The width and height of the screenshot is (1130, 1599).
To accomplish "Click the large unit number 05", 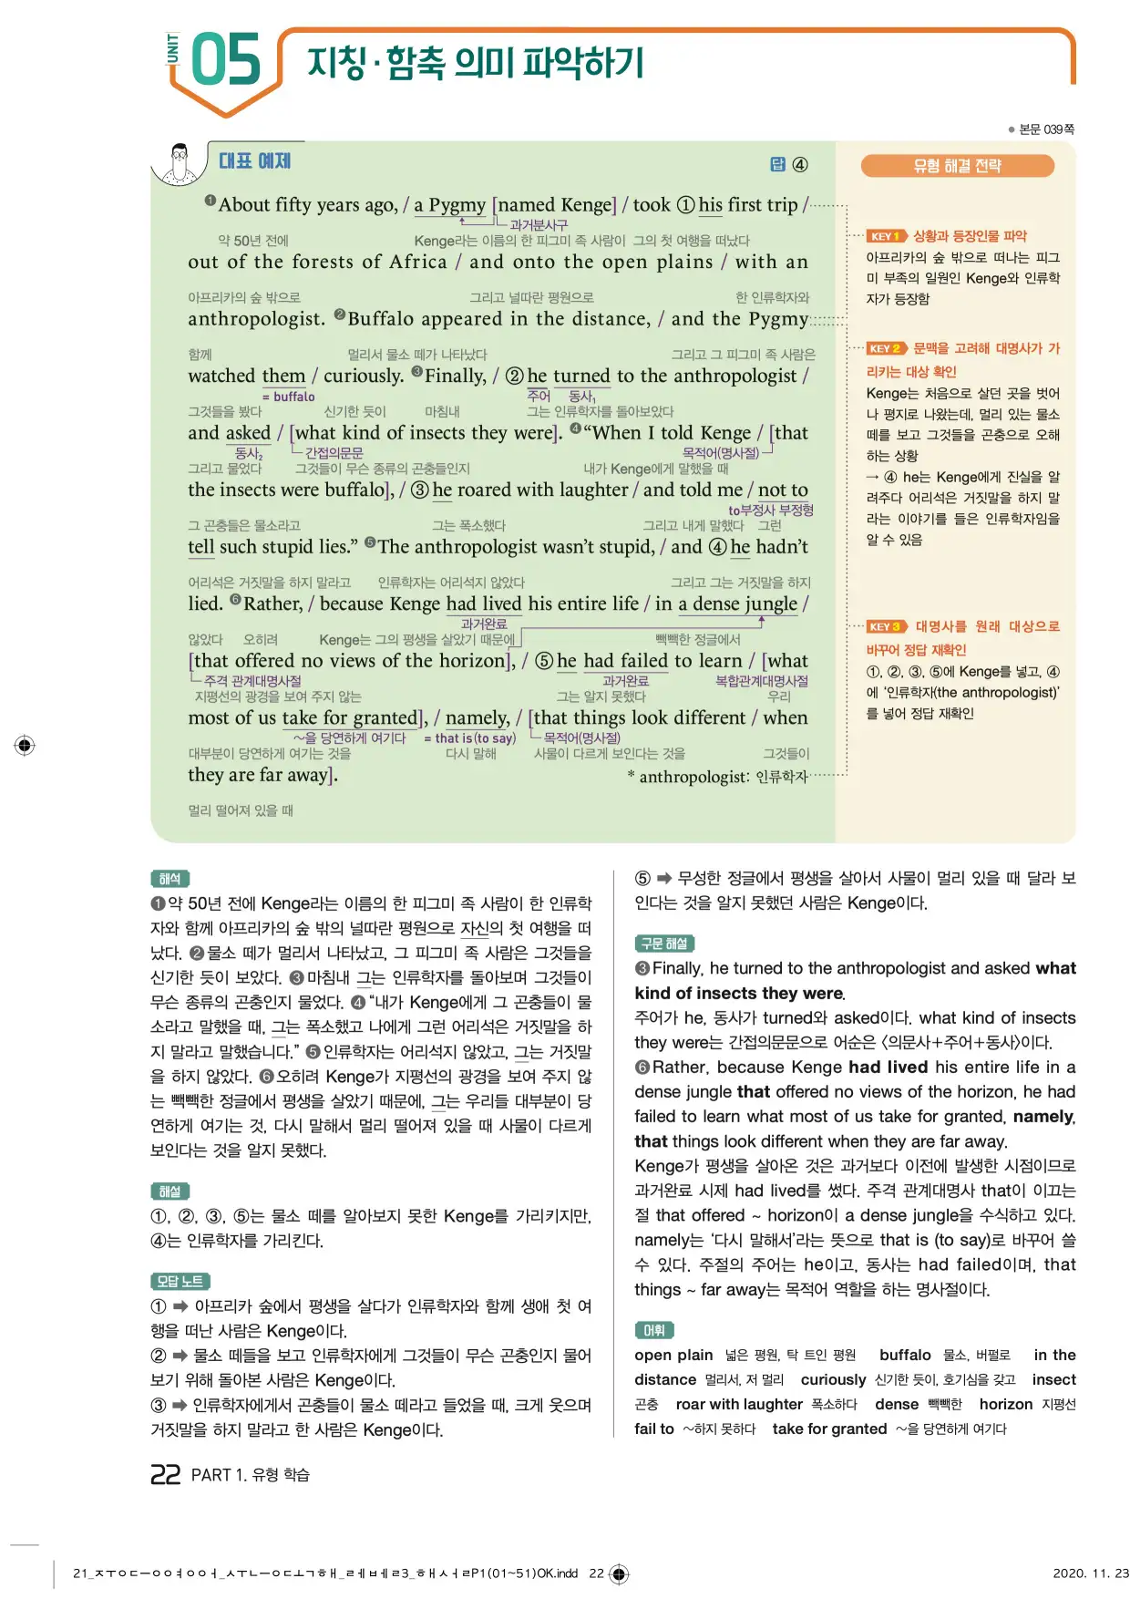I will pyautogui.click(x=226, y=60).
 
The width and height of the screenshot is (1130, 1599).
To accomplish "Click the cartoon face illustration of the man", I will pyautogui.click(x=180, y=163).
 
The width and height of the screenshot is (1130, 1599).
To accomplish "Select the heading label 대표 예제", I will pyautogui.click(x=254, y=161).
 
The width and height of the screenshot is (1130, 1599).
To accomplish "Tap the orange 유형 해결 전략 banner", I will pyautogui.click(x=957, y=166).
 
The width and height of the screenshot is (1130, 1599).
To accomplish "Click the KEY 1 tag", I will pyautogui.click(x=885, y=236).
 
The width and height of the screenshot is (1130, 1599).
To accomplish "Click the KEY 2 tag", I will pyautogui.click(x=886, y=348).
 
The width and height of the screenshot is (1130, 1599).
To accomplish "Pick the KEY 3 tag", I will pyautogui.click(x=886, y=626).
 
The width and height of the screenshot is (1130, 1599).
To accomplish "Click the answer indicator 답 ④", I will pyautogui.click(x=789, y=164).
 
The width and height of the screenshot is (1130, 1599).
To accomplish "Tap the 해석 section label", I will pyautogui.click(x=169, y=879).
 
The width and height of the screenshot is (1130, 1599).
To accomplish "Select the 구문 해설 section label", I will pyautogui.click(x=664, y=944).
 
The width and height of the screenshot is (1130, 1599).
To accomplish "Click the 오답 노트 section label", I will pyautogui.click(x=180, y=1281).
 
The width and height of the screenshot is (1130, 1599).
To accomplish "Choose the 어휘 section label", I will pyautogui.click(x=653, y=1330).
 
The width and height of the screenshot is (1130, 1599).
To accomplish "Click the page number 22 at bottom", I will pyautogui.click(x=166, y=1474).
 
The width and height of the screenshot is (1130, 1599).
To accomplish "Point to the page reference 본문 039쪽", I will pyautogui.click(x=1044, y=129).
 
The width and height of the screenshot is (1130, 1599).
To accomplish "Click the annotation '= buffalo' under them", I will pyautogui.click(x=288, y=397).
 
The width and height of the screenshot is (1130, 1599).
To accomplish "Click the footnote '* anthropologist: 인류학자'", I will pyautogui.click(x=718, y=777).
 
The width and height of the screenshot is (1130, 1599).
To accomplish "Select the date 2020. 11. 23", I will pyautogui.click(x=1090, y=1573).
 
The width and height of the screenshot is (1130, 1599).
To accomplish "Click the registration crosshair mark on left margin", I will pyautogui.click(x=25, y=745).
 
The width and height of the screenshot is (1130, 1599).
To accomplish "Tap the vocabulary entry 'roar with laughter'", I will pyautogui.click(x=738, y=1404).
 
